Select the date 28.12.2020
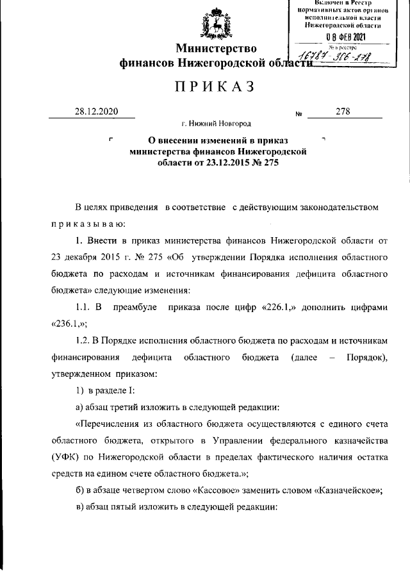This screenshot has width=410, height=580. (95, 111)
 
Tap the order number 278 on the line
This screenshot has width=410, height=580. (343, 111)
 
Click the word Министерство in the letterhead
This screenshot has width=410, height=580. (217, 48)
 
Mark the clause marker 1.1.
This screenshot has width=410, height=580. (85, 307)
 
